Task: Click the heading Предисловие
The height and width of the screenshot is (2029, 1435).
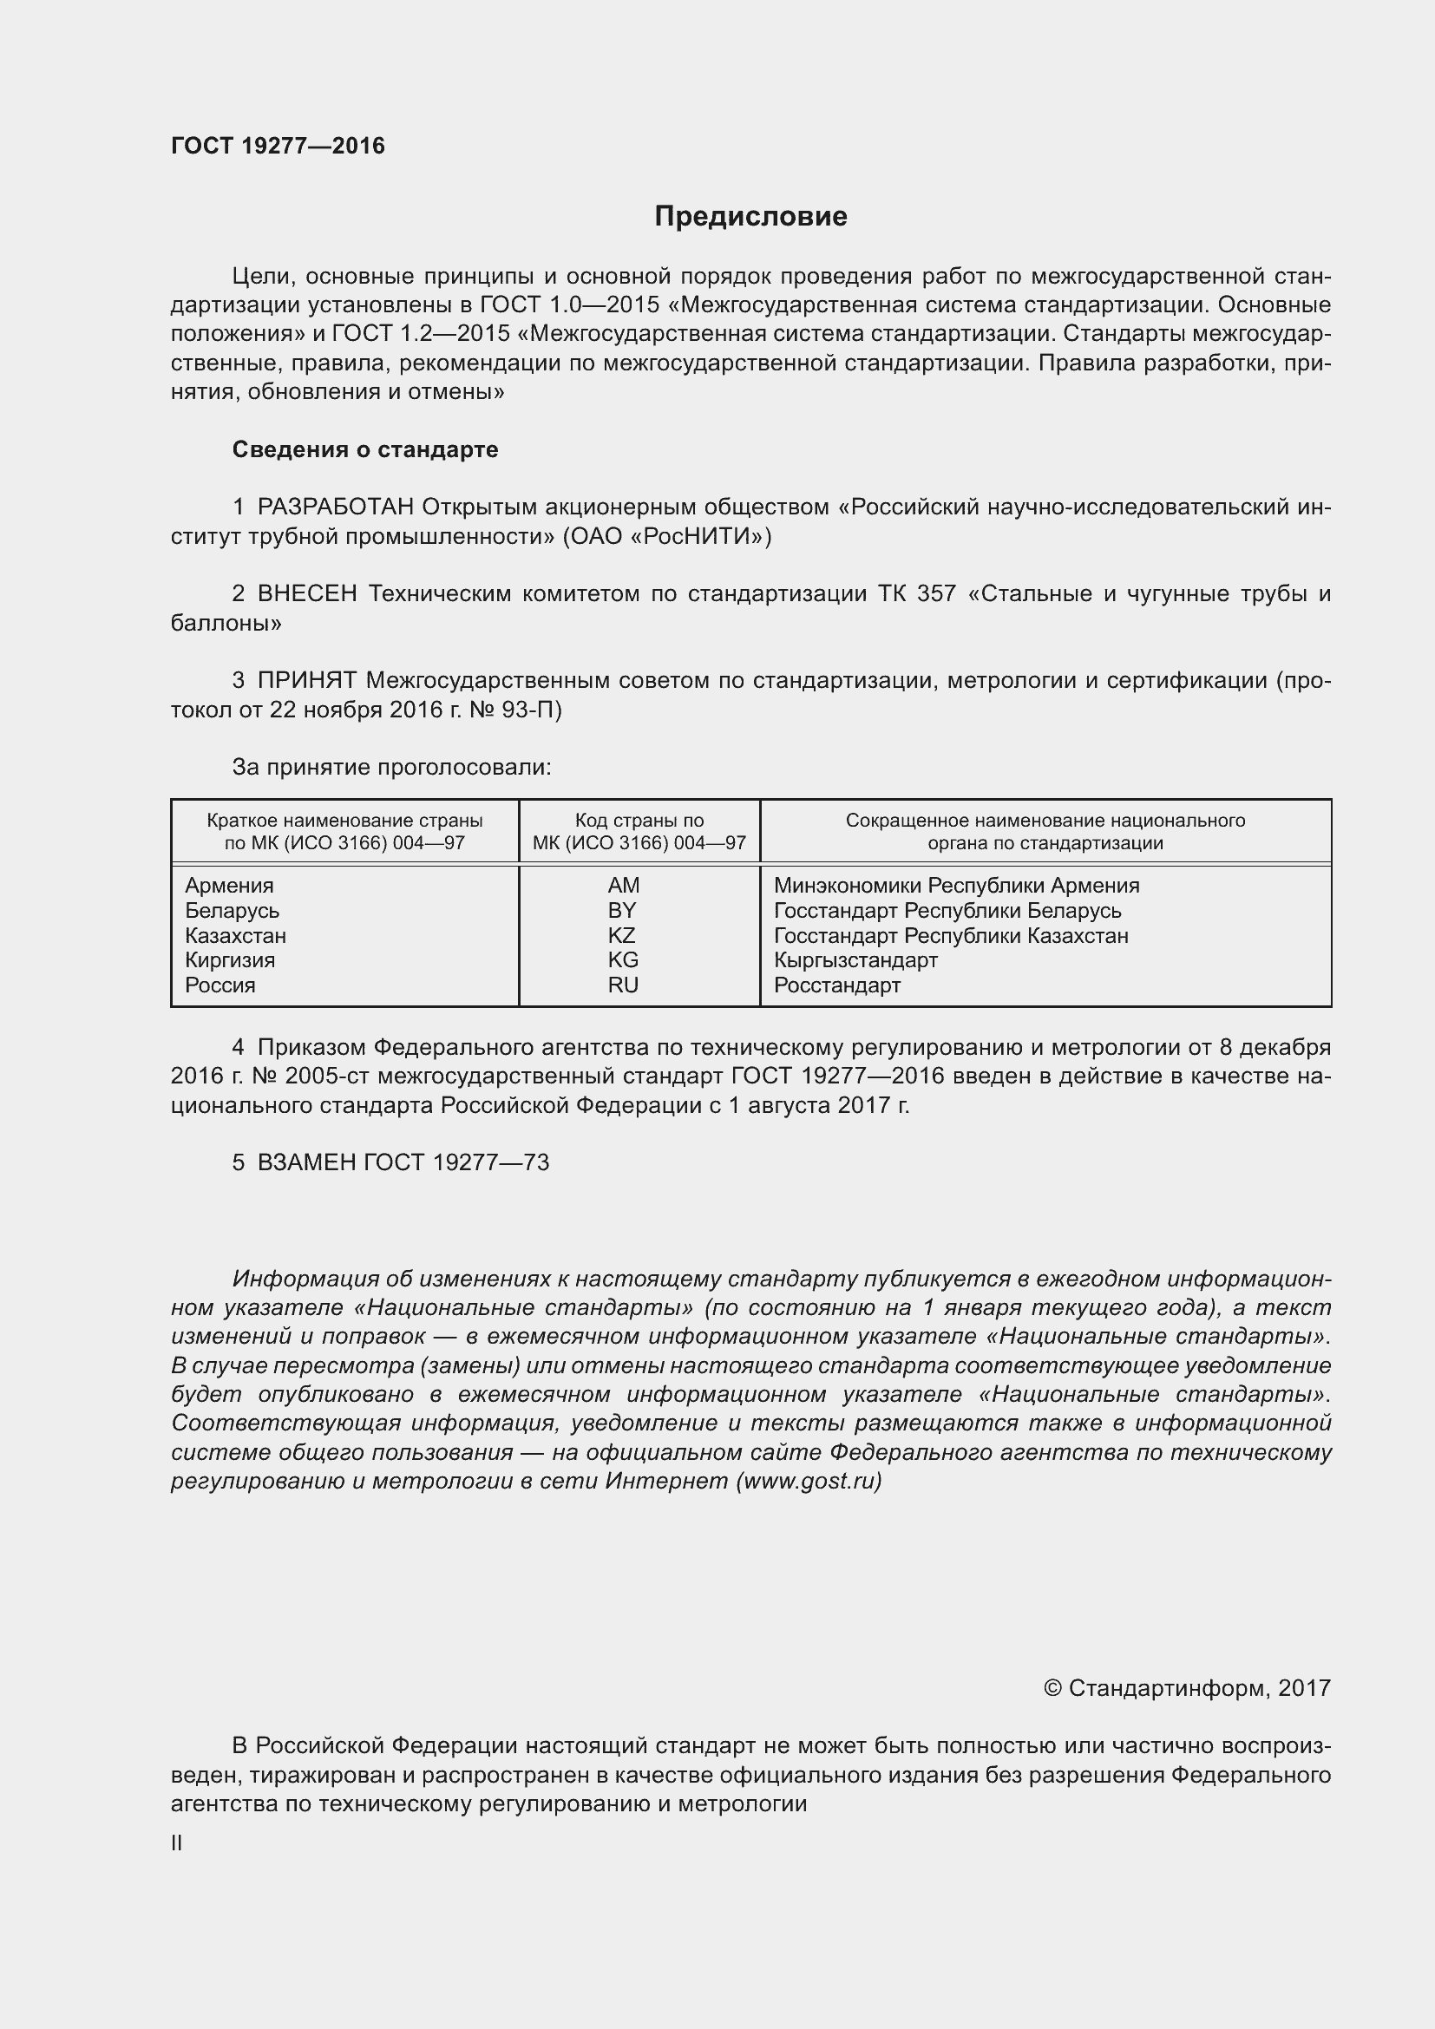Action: point(750,217)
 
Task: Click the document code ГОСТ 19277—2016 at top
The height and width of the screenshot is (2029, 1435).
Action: point(278,146)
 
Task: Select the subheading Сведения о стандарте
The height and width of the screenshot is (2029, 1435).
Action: point(365,450)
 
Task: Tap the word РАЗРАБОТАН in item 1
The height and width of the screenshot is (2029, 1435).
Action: point(335,507)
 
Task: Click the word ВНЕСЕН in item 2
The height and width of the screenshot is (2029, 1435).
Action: point(306,594)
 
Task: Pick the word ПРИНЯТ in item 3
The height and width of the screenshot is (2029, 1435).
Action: point(306,680)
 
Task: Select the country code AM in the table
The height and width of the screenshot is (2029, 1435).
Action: point(623,886)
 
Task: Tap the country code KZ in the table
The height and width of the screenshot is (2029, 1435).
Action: point(622,935)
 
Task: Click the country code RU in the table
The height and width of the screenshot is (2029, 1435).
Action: point(623,985)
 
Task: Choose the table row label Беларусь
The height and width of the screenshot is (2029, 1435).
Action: point(232,910)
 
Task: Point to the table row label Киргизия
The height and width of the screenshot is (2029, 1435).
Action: point(230,959)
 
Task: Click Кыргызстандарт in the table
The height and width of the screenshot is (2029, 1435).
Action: point(855,959)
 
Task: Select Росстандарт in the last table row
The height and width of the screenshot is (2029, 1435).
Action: point(836,985)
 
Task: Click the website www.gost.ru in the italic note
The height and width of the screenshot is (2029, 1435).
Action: point(808,1481)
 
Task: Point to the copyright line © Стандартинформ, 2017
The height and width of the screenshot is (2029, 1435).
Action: point(1187,1689)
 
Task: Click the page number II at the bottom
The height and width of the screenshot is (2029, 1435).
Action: point(177,1842)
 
